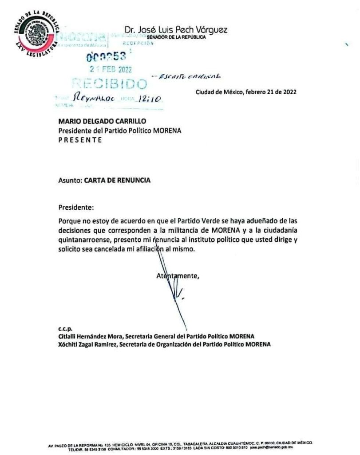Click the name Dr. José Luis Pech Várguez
pyautogui.click(x=176, y=30)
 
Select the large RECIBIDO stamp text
pyautogui.click(x=109, y=84)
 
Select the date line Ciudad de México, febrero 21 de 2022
pyautogui.click(x=246, y=92)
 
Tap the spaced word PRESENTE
pyautogui.click(x=80, y=140)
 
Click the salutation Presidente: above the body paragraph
pyautogui.click(x=76, y=207)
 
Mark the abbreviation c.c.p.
pyautogui.click(x=66, y=329)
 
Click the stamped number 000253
pyautogui.click(x=106, y=56)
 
